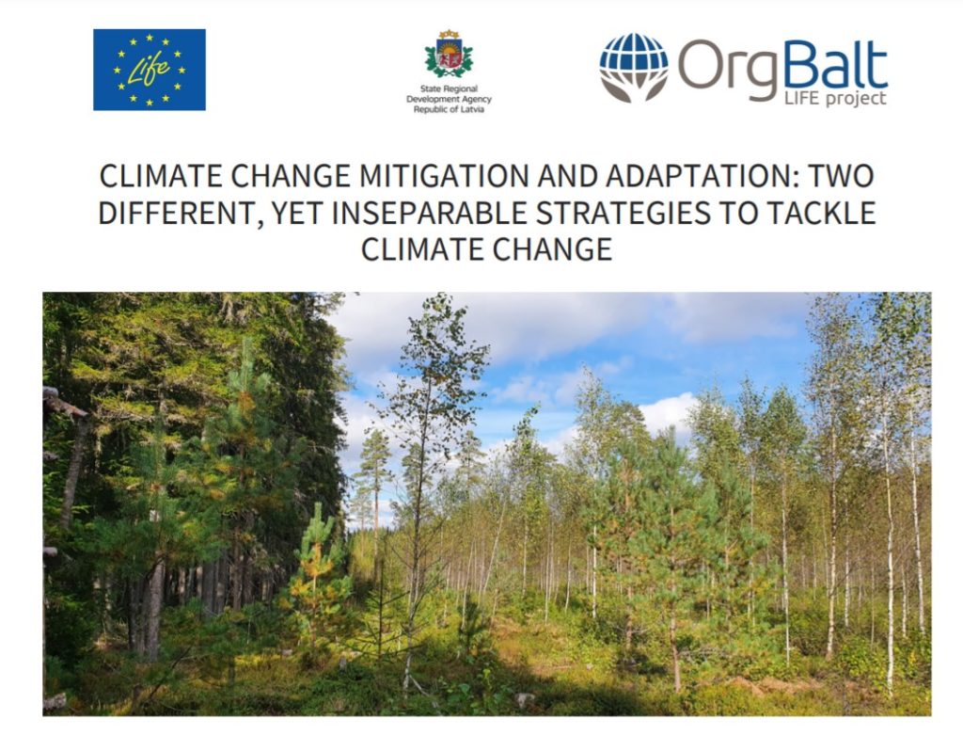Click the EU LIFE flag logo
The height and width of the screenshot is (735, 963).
[150, 70]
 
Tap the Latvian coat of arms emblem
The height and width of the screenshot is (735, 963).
[449, 54]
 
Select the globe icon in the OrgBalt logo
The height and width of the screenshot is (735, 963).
[634, 68]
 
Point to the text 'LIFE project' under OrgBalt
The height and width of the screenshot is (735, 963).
[835, 98]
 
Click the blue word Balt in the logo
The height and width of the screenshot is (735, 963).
[835, 65]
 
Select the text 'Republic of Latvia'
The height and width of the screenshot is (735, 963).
[449, 109]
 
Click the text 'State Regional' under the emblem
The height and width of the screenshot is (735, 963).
[449, 89]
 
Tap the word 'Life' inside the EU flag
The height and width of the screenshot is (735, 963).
[149, 70]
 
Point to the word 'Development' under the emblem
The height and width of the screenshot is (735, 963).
[432, 100]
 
